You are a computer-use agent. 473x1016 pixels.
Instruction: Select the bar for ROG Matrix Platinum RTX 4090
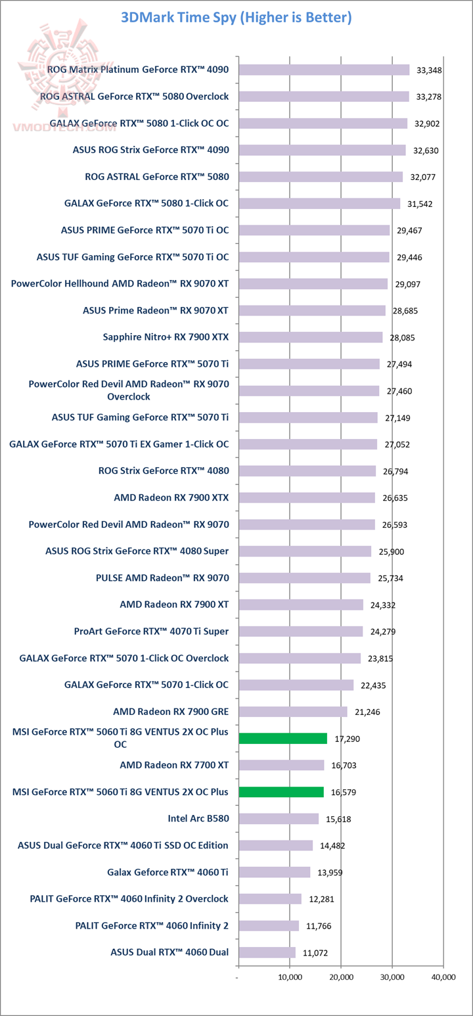coord(324,70)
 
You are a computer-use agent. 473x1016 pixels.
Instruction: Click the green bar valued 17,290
coord(282,739)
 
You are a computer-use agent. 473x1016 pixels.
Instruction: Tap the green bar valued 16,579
coord(281,792)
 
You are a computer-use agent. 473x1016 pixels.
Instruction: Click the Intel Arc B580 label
coord(198,819)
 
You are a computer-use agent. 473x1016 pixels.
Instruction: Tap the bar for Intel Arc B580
coord(279,819)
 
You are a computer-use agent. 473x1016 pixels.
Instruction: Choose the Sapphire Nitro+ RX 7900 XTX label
coord(166,337)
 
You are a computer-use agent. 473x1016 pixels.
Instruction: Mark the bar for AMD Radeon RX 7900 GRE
coord(293,712)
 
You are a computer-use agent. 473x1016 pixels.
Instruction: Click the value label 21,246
coord(367,712)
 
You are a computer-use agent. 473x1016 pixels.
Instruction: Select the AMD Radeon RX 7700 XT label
coord(174,766)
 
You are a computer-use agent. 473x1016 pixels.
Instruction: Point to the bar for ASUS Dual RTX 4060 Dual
coord(267,953)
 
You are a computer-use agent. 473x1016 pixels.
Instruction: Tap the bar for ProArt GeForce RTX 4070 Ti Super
coord(300,632)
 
